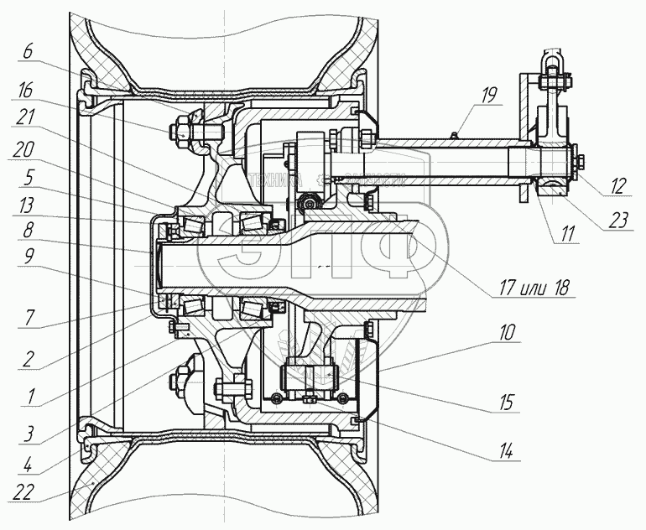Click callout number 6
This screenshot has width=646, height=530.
pyautogui.click(x=28, y=51)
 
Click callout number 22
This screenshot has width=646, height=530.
pyautogui.click(x=29, y=493)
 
